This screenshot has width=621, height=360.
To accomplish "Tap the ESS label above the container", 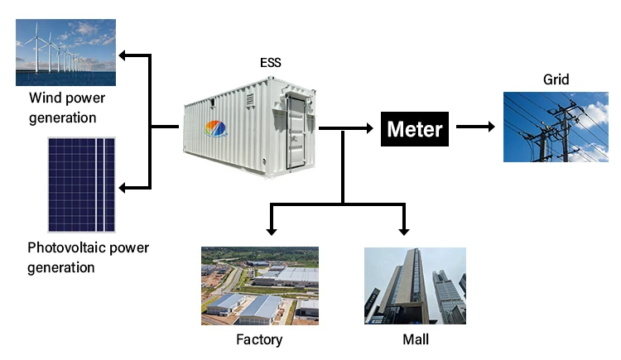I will [x=271, y=61].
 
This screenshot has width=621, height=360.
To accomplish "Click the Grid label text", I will [x=556, y=79].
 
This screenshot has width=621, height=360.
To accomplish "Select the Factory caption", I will [x=259, y=339].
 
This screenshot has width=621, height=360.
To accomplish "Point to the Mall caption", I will [x=415, y=339].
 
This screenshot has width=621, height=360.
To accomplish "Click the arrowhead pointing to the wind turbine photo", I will [x=123, y=55].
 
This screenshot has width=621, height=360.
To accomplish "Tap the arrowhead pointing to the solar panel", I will [x=123, y=188].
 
